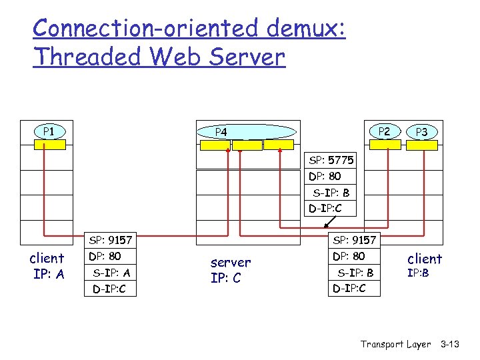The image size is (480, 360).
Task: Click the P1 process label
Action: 48,131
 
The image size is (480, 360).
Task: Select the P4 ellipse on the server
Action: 247,132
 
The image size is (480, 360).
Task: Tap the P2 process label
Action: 385,131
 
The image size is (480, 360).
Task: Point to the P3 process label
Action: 421,132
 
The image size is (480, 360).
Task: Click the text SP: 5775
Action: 331,161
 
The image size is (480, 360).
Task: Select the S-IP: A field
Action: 111,273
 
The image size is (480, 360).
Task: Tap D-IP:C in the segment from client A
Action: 109,289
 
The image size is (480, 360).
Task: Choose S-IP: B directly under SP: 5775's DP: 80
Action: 331,193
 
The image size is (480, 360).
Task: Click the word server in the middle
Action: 230,263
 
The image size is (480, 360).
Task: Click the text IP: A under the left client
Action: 47,274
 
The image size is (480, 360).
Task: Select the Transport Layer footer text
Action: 395,344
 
